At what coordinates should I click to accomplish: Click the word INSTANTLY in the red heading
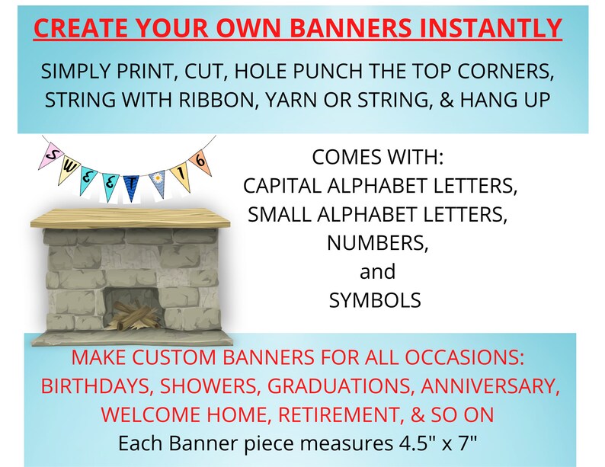pos(488,29)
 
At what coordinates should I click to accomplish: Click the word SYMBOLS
pos(375,300)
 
